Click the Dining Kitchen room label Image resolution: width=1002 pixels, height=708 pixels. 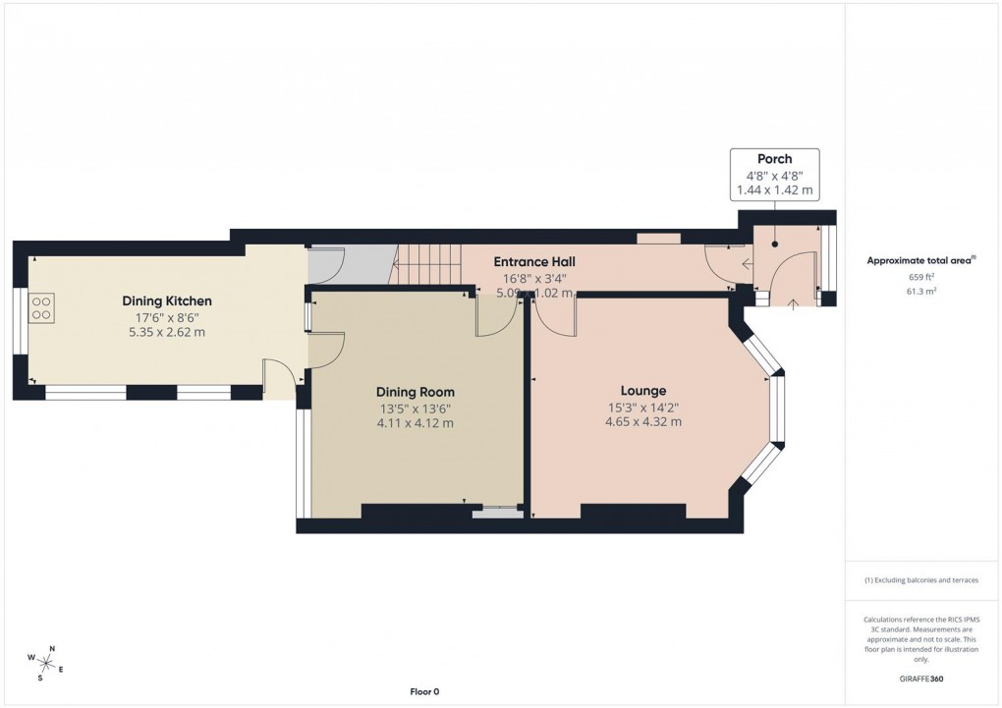(x=166, y=300)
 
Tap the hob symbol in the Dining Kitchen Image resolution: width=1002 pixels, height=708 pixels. (x=42, y=309)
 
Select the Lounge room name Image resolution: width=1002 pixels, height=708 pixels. (x=642, y=391)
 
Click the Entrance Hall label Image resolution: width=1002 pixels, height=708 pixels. (x=533, y=262)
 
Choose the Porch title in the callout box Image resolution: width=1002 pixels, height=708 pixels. (x=773, y=159)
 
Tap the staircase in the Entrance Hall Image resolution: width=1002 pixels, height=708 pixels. (x=428, y=265)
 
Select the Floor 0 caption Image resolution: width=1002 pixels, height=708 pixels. (x=424, y=691)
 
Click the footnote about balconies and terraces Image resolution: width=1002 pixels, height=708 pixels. (x=921, y=580)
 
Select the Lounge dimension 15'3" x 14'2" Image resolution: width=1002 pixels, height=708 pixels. (x=642, y=408)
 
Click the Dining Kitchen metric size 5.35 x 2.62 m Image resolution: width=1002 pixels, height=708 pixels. (x=166, y=332)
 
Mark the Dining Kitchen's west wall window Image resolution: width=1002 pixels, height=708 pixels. (x=19, y=320)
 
